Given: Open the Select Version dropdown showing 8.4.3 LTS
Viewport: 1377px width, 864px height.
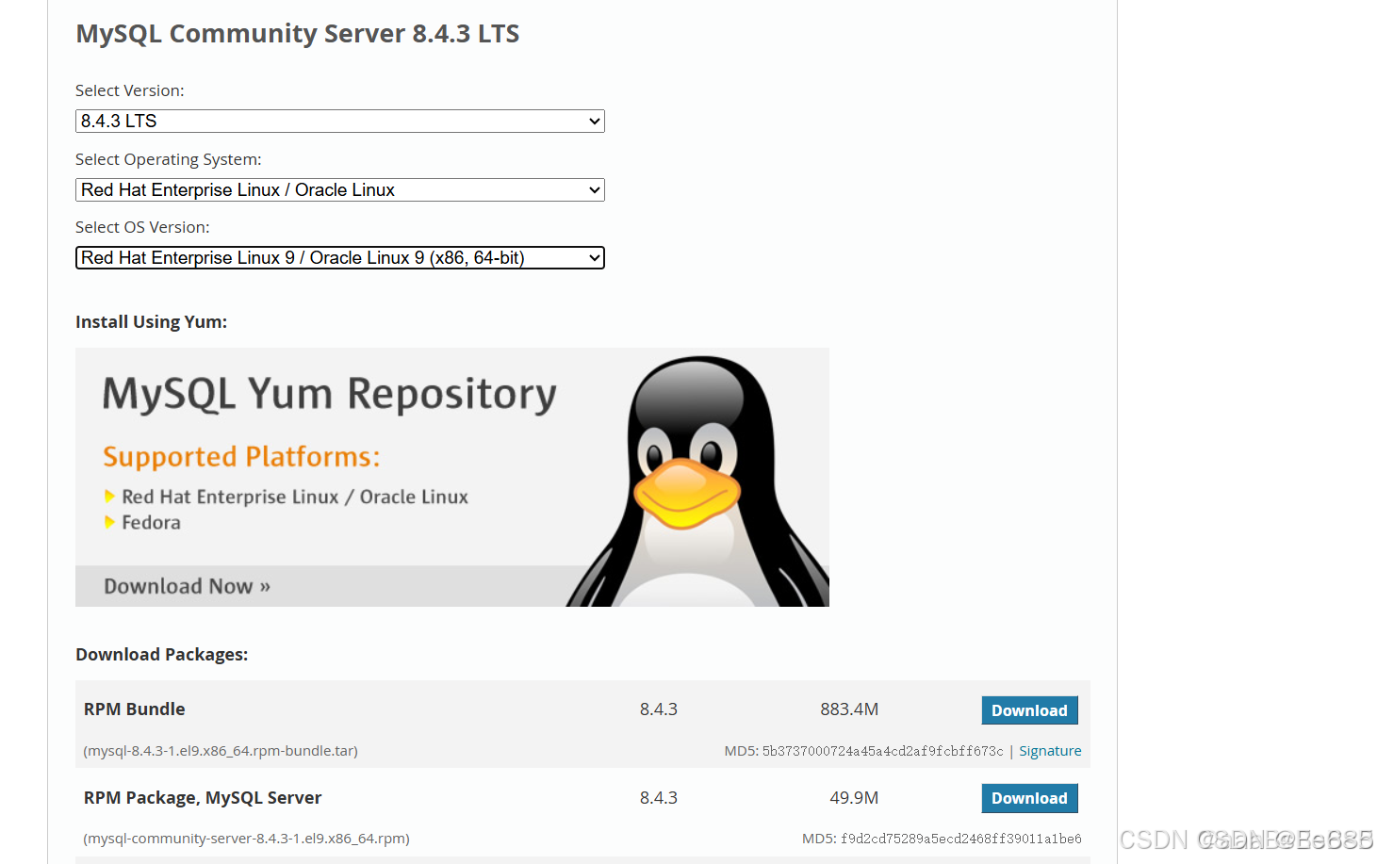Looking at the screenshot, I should point(339,122).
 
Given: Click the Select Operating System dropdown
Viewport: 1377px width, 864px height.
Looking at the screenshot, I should point(339,190).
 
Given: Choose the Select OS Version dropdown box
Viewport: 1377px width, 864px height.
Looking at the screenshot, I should point(339,258).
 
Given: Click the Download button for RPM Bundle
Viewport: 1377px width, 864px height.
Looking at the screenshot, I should point(1029,710).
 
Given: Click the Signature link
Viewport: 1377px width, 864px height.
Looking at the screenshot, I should point(1050,751).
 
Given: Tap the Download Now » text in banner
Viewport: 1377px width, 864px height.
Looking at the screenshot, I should point(187,586).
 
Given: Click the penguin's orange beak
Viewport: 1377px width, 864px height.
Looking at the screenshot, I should point(685,491).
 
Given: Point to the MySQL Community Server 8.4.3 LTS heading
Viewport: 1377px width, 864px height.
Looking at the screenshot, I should point(297,34).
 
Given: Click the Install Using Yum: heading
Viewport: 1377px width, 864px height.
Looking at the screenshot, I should point(151,322).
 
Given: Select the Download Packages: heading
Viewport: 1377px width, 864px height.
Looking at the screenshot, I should point(161,655).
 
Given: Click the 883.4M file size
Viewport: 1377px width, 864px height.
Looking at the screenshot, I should point(848,709).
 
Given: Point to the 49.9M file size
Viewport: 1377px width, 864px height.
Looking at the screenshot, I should point(853,798).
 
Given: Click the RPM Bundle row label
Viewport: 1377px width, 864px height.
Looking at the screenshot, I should point(134,709).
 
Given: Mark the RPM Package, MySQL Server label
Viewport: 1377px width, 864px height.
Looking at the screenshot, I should point(203,798).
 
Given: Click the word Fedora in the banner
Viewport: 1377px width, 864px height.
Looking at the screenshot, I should point(151,523).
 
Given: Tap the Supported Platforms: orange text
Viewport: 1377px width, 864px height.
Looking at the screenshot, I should point(241,457).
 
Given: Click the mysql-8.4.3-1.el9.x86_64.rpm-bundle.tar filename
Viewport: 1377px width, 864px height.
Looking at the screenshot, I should point(221,751).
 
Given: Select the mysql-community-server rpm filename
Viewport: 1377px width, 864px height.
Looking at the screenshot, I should point(246,839).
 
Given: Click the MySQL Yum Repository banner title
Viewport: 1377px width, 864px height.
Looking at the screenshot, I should point(329,395).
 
